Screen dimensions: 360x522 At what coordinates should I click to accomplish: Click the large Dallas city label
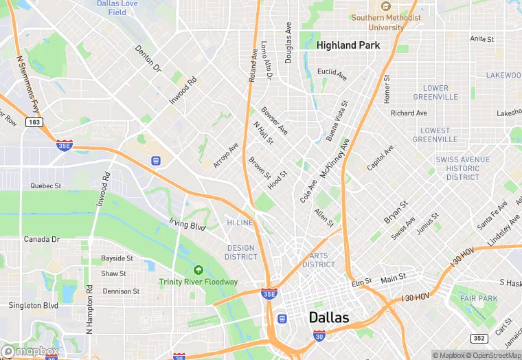pos(329,317)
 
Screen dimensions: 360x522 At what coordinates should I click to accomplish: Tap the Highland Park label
pos(348,45)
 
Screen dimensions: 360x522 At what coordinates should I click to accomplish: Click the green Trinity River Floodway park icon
pos(198,270)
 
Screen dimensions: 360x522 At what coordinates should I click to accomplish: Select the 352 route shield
pos(479,338)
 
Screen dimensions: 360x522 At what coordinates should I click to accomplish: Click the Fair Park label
pos(478,298)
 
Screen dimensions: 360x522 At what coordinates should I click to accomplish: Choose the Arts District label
pos(319,260)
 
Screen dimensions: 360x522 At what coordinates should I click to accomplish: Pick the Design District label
pos(240,252)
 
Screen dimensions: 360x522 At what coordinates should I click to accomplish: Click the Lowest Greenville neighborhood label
pos(435,135)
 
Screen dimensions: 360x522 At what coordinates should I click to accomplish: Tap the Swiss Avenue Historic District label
pos(463,168)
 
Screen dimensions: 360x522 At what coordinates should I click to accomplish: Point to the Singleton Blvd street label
pos(33,305)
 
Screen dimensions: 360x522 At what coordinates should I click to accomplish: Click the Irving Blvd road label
pos(188,223)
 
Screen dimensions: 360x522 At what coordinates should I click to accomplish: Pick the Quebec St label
pos(46,185)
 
